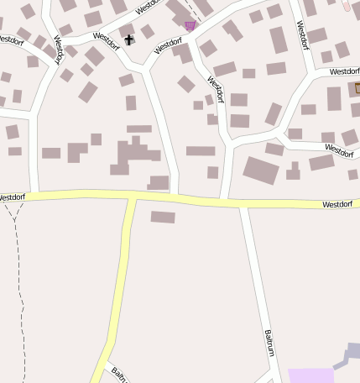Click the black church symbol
click(129, 39)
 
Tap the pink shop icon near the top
click(190, 26)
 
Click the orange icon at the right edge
click(357, 87)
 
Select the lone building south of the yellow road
click(163, 217)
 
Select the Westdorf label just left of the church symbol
click(108, 38)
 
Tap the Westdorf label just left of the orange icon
click(343, 71)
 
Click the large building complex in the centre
click(134, 155)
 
